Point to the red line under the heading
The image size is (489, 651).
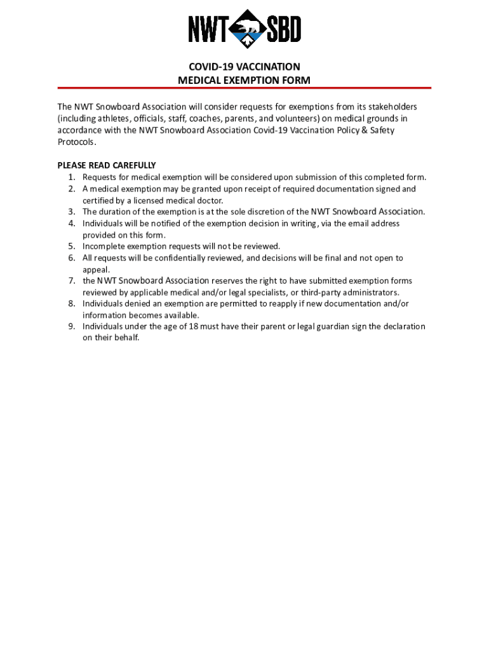click(x=245, y=88)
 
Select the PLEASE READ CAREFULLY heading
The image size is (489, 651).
click(x=107, y=165)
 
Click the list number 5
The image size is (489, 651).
click(x=72, y=246)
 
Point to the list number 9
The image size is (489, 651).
click(x=72, y=326)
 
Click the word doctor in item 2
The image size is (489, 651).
click(x=210, y=200)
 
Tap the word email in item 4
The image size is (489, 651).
click(x=354, y=223)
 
